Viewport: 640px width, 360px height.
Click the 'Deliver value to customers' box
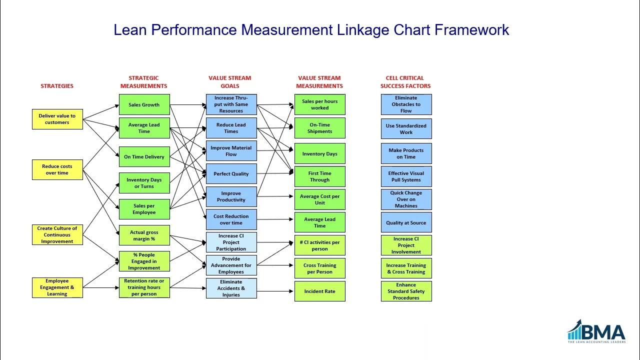click(x=57, y=119)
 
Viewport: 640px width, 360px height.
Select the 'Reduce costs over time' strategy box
click(x=57, y=169)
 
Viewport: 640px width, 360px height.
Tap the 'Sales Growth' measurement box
click(x=144, y=104)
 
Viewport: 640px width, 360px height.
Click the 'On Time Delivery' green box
click(x=144, y=156)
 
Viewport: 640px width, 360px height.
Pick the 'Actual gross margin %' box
click(x=144, y=235)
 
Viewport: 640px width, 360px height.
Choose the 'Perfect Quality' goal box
click(x=231, y=173)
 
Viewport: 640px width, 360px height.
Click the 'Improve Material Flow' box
click(x=231, y=150)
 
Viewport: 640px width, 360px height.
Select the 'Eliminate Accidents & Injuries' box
click(x=231, y=288)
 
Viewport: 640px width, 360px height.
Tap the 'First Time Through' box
click(x=319, y=176)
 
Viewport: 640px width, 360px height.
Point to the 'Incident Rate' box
click(x=319, y=291)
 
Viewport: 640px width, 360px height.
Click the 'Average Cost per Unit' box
click(x=319, y=199)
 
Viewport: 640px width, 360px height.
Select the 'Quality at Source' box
click(x=406, y=222)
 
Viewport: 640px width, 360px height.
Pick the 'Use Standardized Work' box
click(x=406, y=129)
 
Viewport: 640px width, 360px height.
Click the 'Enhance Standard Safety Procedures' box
click(x=406, y=291)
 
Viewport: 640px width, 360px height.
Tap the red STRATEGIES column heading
click(x=57, y=86)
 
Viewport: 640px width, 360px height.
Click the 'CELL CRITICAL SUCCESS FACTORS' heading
click(x=405, y=82)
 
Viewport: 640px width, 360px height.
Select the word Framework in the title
click(x=471, y=30)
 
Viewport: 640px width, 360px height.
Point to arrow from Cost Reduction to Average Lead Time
click(x=275, y=219)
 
